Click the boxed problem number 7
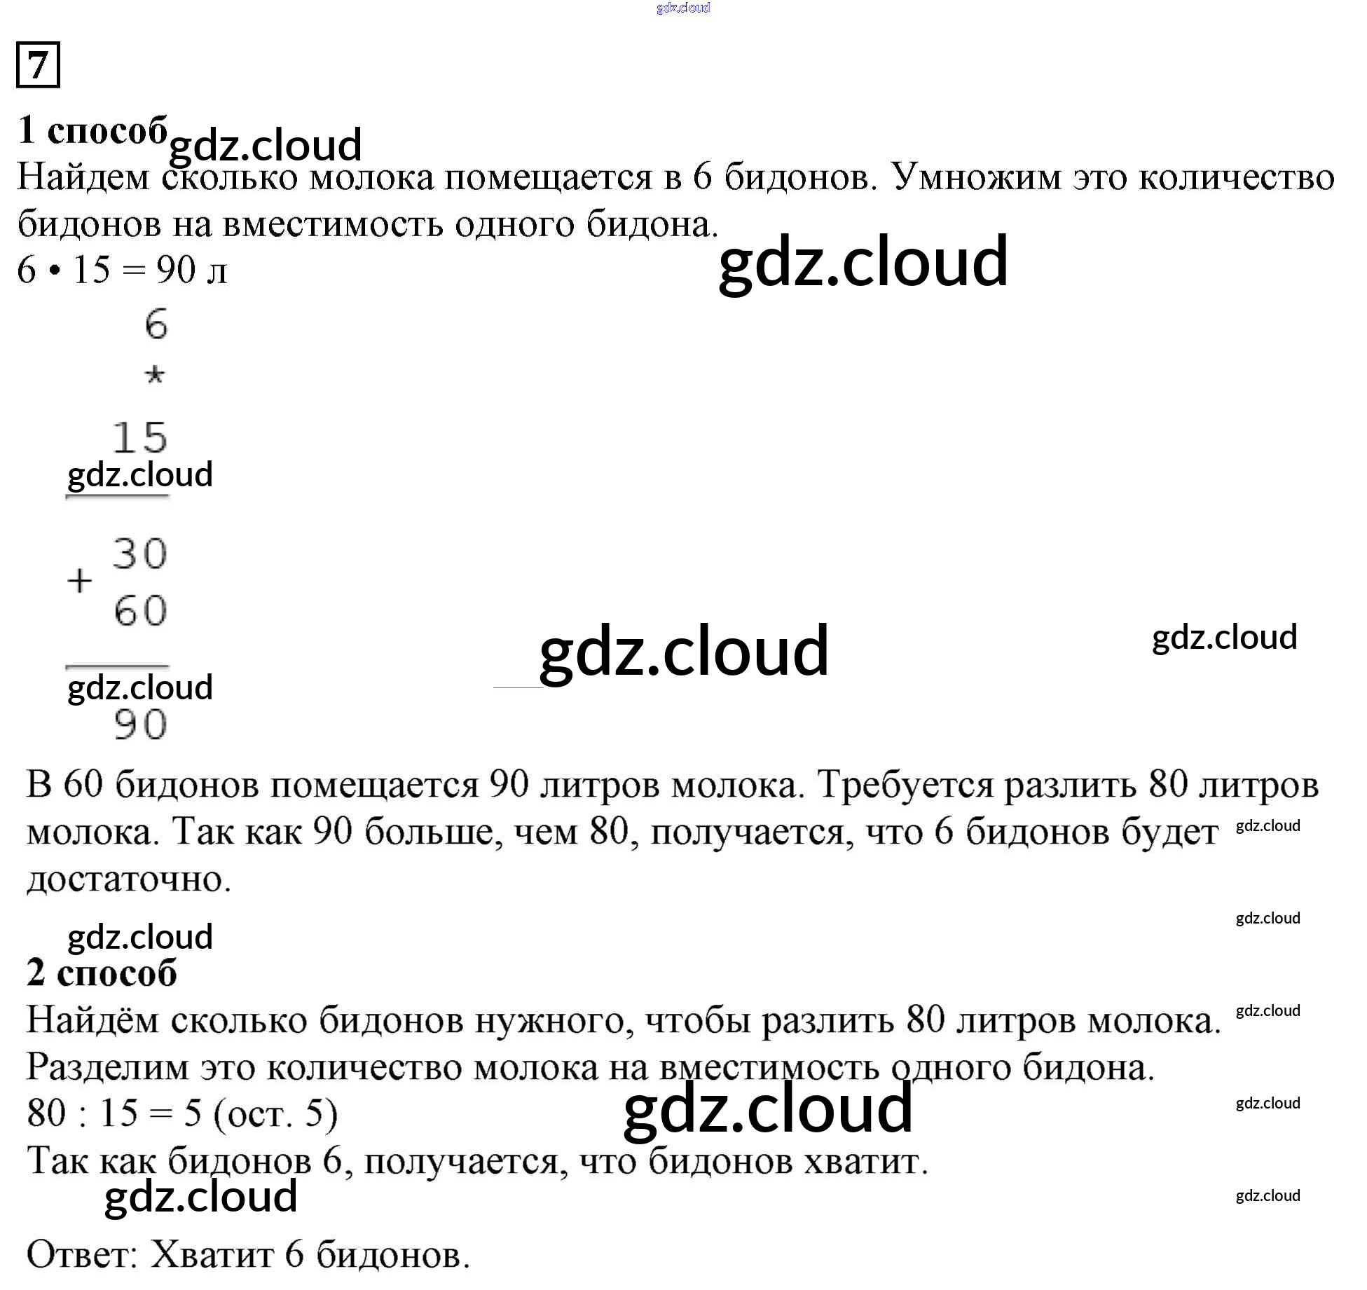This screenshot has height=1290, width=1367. [38, 64]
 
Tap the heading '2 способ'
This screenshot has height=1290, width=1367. [102, 973]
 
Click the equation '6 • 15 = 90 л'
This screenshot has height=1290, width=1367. [122, 270]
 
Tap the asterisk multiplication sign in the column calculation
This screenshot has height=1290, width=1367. [154, 376]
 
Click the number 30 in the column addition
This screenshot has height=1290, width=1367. [139, 554]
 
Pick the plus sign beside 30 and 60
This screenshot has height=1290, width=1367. [80, 581]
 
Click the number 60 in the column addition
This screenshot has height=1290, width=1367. [140, 610]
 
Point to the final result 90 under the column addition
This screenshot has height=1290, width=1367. [140, 725]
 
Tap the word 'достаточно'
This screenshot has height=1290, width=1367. [129, 879]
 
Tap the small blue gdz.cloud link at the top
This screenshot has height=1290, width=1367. [683, 8]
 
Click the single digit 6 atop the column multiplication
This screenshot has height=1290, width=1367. [156, 325]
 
